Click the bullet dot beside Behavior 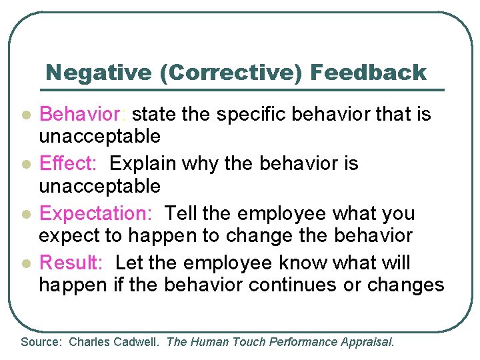pyautogui.click(x=25, y=116)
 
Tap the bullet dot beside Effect pyautogui.click(x=25, y=165)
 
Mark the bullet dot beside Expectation pyautogui.click(x=25, y=215)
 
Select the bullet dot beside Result pyautogui.click(x=25, y=264)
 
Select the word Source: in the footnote pyautogui.click(x=41, y=343)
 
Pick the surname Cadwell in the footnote pyautogui.click(x=137, y=343)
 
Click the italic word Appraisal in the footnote pyautogui.click(x=368, y=343)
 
